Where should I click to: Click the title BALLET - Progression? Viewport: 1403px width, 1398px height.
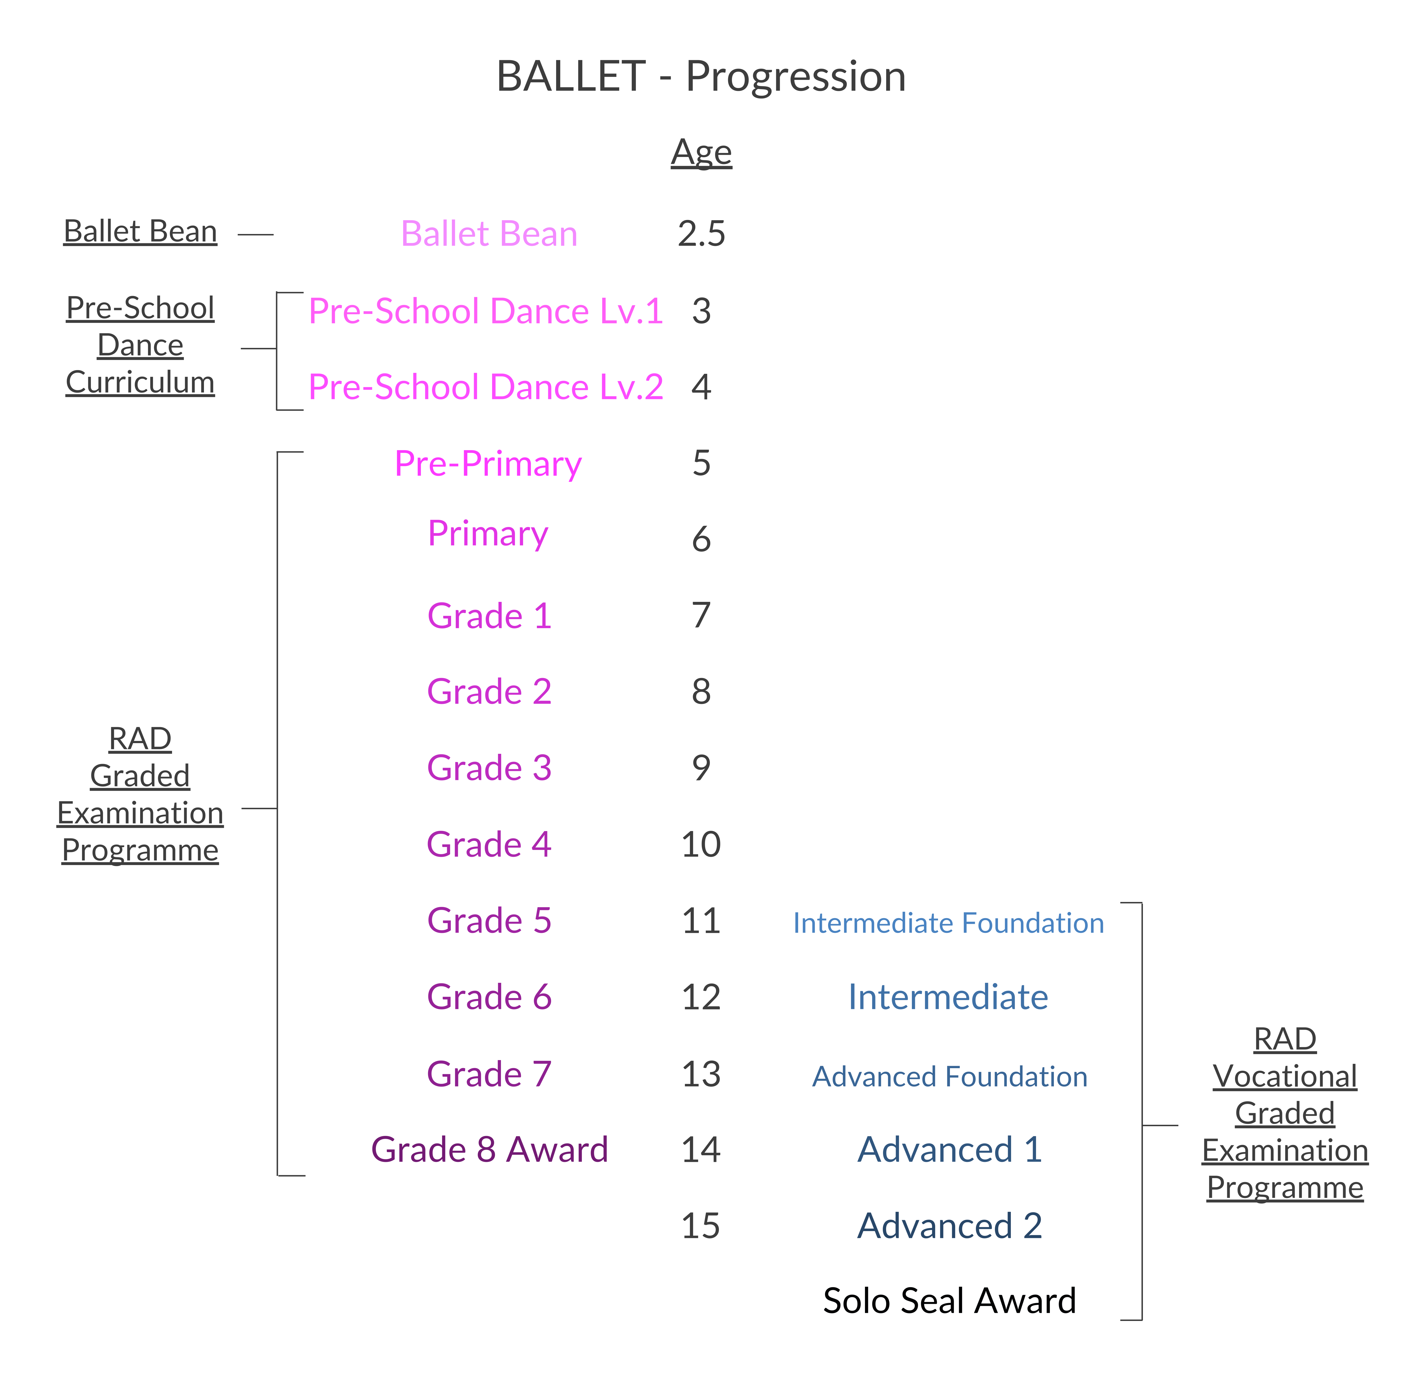(701, 76)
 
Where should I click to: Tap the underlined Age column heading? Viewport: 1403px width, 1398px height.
(701, 152)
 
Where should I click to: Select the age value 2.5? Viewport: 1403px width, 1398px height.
(701, 234)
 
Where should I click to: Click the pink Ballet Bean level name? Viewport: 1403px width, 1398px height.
(489, 234)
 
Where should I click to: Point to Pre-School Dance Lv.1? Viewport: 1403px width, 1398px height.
(485, 311)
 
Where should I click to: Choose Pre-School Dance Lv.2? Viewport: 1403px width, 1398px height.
(485, 387)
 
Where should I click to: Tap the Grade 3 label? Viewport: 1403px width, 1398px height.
(489, 768)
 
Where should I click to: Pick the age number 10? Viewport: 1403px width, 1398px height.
(701, 844)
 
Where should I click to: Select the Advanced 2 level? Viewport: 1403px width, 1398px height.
(949, 1226)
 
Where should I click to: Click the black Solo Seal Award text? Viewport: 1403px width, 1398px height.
(949, 1301)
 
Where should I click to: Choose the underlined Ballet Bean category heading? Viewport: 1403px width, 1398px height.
(140, 232)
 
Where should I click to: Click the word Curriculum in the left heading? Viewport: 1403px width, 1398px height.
(140, 383)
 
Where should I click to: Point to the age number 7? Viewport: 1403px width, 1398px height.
(701, 615)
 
